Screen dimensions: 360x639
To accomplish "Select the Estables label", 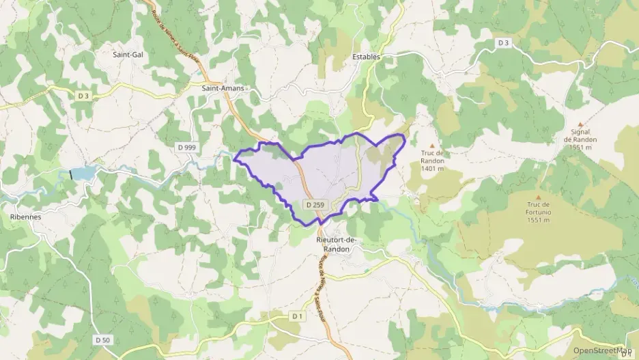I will click(x=367, y=57).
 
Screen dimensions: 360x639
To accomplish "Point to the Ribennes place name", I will click(x=26, y=217).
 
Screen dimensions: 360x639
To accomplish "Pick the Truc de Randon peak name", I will click(x=433, y=157).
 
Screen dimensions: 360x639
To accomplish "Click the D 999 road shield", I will click(x=186, y=147).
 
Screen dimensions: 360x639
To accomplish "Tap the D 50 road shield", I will click(x=102, y=340).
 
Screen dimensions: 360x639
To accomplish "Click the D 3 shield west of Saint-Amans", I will click(x=83, y=96).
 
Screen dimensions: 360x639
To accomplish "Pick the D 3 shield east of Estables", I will click(x=504, y=42).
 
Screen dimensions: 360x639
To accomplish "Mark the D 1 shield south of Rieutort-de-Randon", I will click(x=297, y=316).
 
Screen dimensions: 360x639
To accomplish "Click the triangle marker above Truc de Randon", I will click(x=431, y=145).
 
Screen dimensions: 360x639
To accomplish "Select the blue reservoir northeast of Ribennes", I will click(x=85, y=174).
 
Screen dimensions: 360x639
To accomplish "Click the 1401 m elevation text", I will click(x=433, y=168).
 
